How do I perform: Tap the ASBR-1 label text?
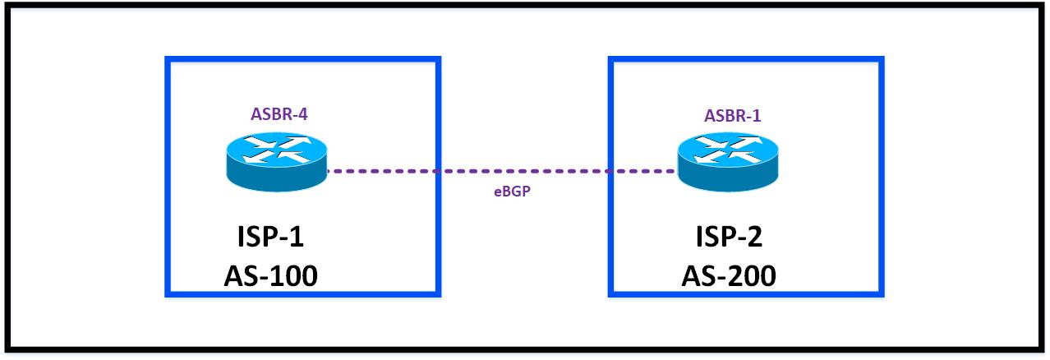coord(732,116)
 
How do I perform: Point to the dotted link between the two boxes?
coord(526,172)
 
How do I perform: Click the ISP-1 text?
coord(271,238)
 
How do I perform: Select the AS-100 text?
coord(271,276)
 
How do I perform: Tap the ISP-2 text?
coord(727,238)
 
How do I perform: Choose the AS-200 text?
coord(728,276)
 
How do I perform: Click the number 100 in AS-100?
coord(292,276)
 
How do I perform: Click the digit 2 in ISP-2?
coord(752,238)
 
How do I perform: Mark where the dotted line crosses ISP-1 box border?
coord(440,172)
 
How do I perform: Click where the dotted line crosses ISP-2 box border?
coord(610,172)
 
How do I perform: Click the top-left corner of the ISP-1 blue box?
coord(167,58)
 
